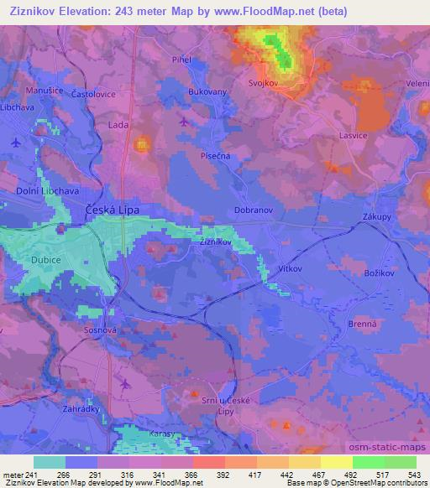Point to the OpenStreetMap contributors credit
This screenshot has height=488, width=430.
(386, 483)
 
